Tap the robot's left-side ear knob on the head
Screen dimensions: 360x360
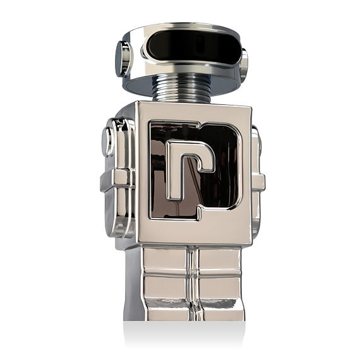(122, 58)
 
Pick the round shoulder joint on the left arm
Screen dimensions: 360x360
(109, 141)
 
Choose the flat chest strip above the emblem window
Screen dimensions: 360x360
(189, 112)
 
